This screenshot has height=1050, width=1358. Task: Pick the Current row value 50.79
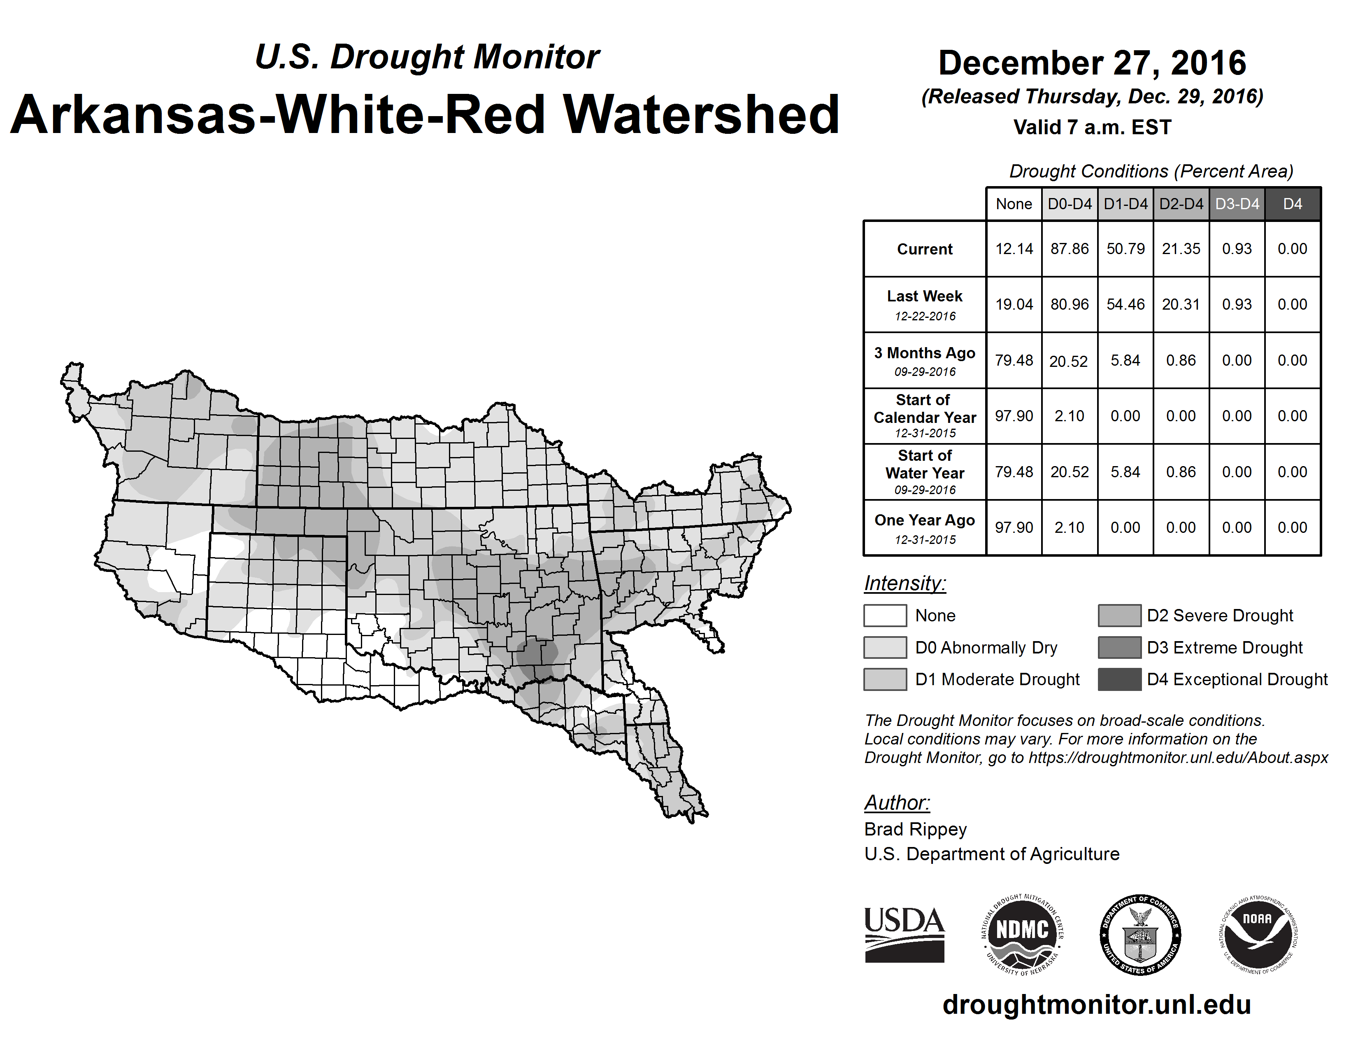1125,249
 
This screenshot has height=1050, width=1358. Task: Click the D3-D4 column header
1237,204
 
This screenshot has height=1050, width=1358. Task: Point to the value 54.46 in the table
1125,304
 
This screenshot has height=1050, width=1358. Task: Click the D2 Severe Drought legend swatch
1119,615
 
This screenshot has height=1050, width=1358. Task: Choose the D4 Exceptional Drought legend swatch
1119,679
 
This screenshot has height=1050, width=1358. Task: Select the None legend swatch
885,615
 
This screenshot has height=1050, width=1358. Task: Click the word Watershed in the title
701,114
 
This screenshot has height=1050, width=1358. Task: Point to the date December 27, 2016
1092,63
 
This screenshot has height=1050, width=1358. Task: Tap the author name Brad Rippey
915,829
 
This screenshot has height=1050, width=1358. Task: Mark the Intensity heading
905,583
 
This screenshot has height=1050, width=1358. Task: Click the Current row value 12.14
1014,249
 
